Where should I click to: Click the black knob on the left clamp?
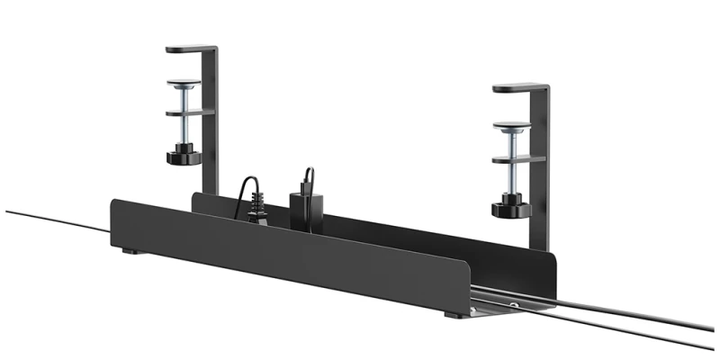coord(182,158)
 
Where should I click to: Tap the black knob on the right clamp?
coord(509,209)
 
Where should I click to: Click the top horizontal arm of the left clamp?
coord(191,49)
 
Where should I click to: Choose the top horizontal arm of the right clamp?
coord(520,87)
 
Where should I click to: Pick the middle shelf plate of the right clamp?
coord(518,159)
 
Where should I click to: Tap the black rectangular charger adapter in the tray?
coord(302,207)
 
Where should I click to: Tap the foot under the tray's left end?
coord(131,252)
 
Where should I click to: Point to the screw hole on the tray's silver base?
coord(514,306)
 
